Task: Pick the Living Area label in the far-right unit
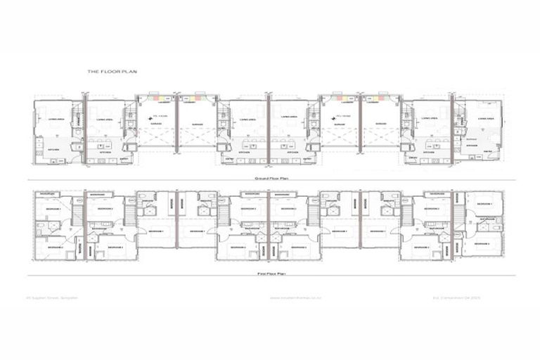tap(487, 120)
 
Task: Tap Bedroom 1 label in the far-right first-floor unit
tap(484, 204)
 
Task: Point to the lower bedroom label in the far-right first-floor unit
tap(482, 243)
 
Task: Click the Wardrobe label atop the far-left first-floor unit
tap(48, 193)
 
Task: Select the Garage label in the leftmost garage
tap(155, 124)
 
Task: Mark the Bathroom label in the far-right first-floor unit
tap(487, 219)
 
